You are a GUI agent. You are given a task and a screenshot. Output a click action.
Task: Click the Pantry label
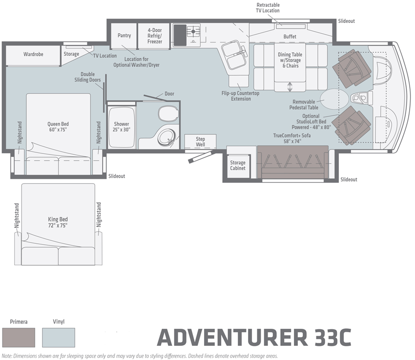[x=124, y=36]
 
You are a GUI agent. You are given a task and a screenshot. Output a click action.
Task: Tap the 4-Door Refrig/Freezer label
[x=155, y=36]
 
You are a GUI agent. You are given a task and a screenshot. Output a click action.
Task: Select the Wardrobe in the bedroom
[x=33, y=54]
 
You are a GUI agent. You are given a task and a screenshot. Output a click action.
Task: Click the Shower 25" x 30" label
[x=121, y=127]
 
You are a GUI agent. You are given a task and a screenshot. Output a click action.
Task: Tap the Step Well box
[x=200, y=142]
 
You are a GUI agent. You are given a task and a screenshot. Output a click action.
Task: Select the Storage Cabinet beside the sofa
[x=238, y=166]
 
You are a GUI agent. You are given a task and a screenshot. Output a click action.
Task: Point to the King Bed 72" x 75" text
[x=58, y=222]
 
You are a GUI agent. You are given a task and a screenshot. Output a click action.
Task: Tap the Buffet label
[x=290, y=37]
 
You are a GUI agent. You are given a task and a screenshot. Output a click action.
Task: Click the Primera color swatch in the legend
[x=19, y=337]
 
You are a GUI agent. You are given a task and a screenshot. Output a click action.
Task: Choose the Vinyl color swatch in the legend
[x=58, y=337]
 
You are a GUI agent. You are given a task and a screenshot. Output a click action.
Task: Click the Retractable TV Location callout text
[x=268, y=8]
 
